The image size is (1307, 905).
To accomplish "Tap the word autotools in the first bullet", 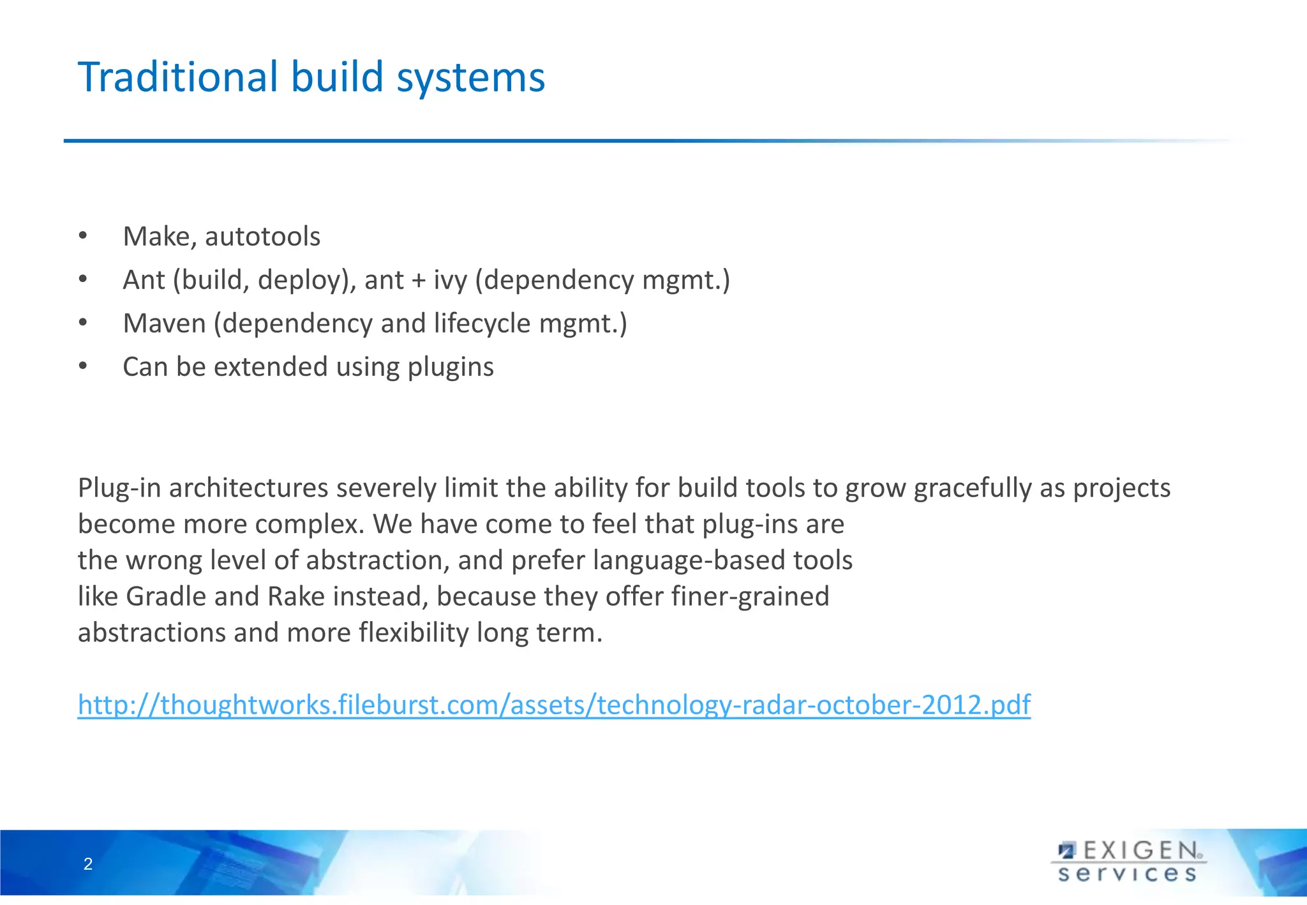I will pyautogui.click(x=262, y=237).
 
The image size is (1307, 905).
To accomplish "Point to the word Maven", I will pyautogui.click(x=164, y=324).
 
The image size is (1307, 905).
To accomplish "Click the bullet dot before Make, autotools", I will pyautogui.click(x=82, y=236).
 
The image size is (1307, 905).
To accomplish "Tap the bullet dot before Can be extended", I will pyautogui.click(x=82, y=366).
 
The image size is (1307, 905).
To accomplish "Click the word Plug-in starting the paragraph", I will pyautogui.click(x=119, y=488).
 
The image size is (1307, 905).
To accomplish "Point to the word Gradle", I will pyautogui.click(x=167, y=597).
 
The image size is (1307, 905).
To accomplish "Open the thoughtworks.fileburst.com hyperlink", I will pyautogui.click(x=554, y=705).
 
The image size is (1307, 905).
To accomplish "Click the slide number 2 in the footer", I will pyautogui.click(x=88, y=864).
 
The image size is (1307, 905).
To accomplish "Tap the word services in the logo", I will pyautogui.click(x=1127, y=874).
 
